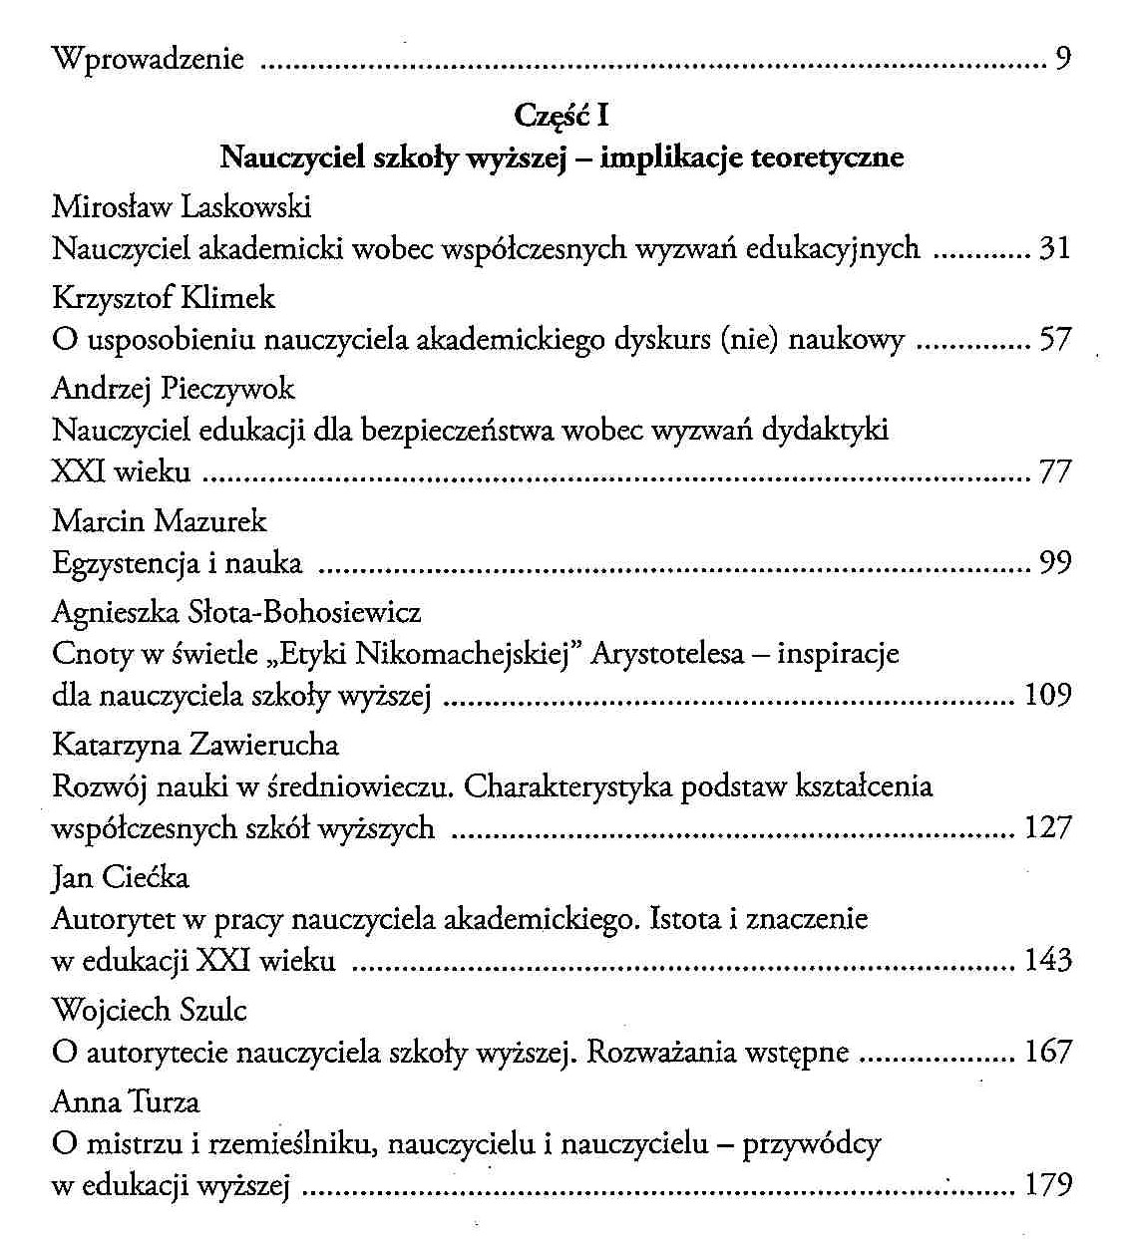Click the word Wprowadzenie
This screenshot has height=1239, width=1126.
pos(148,59)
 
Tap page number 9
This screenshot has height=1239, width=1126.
pos(1062,59)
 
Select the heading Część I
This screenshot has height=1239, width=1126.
pos(562,116)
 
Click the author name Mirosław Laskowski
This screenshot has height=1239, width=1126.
pos(182,206)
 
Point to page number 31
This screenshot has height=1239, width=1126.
pos(1055,247)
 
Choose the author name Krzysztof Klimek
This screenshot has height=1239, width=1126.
pos(163,297)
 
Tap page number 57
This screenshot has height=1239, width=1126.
pos(1055,339)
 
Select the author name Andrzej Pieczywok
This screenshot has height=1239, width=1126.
pos(173,388)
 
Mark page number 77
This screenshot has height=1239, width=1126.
pos(1055,471)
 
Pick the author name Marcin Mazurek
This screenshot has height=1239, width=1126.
pos(160,520)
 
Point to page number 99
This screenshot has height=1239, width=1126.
pos(1055,563)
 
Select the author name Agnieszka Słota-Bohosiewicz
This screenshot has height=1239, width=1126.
pos(236,611)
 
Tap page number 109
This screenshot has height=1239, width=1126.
pos(1047,695)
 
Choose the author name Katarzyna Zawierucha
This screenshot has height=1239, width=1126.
pos(195,745)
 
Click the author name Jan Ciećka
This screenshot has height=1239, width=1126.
pos(120,877)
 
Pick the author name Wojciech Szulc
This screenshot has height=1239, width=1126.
pos(150,1010)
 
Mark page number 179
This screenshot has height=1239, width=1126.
pos(1047,1184)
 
